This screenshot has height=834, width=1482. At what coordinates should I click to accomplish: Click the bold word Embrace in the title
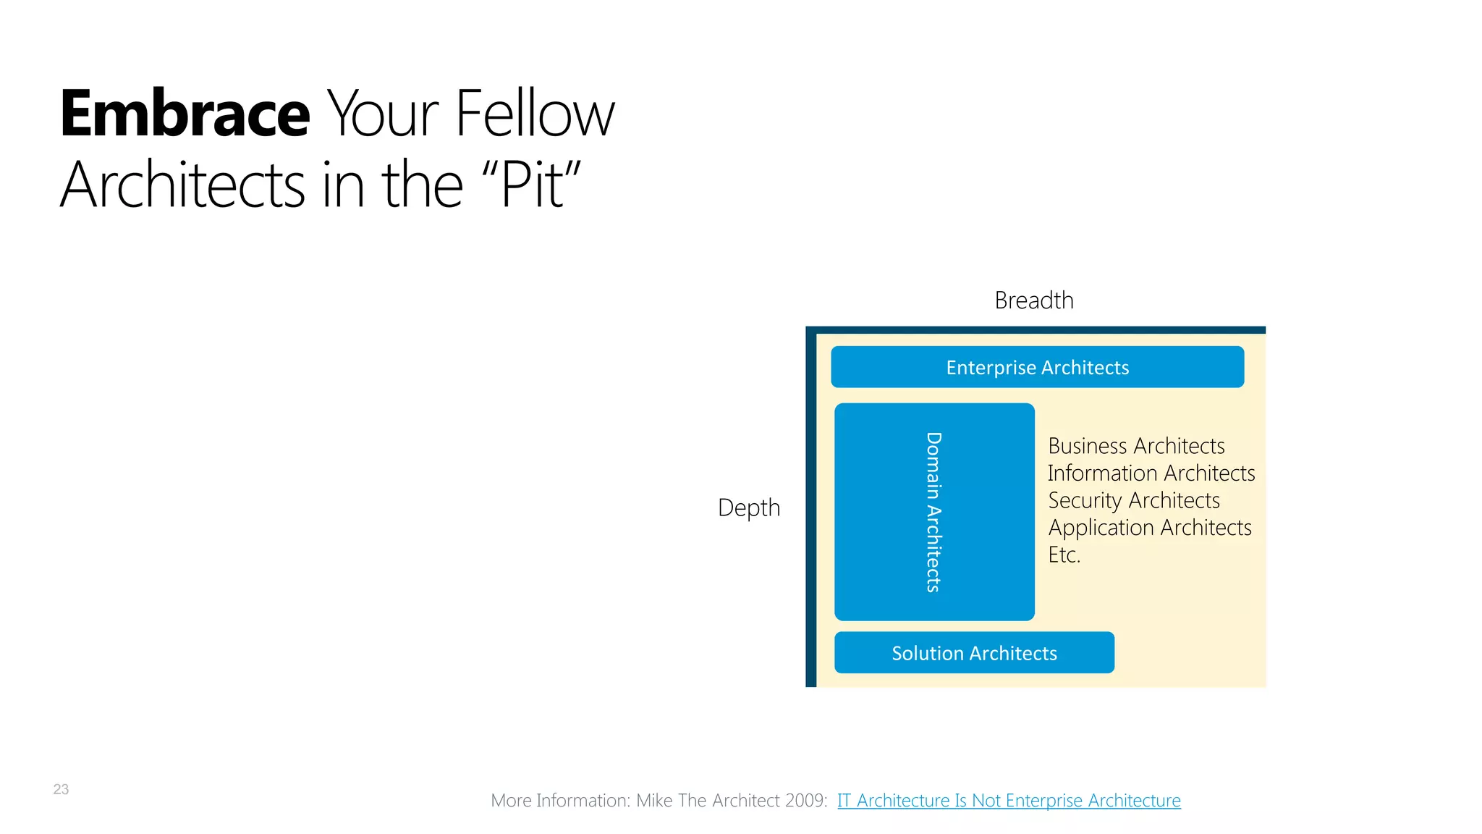coord(185,114)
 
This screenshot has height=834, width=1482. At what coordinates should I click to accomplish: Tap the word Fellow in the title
coord(535,114)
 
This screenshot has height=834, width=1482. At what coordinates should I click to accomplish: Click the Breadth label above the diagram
coord(1033,300)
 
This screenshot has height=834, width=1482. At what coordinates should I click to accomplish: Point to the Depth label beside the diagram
coord(748,507)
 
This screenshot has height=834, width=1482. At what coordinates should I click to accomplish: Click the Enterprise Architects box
coord(1037,368)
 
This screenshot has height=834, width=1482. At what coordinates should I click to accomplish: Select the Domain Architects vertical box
coord(933,512)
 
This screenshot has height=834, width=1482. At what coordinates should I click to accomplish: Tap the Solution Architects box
coord(974,653)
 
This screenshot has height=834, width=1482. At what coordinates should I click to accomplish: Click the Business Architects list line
coord(1136,446)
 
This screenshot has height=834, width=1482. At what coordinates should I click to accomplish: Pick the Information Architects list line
coord(1151,473)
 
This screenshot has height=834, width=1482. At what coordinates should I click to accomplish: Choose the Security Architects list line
coord(1134,500)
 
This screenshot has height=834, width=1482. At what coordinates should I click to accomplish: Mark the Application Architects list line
coord(1149,528)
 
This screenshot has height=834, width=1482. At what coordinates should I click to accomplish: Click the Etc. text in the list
coord(1064,555)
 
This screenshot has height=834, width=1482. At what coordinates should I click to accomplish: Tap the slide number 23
coord(61,789)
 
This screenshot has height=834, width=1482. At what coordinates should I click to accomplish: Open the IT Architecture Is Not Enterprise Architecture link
coord(1009,801)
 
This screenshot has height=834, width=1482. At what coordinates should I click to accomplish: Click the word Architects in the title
coord(182,185)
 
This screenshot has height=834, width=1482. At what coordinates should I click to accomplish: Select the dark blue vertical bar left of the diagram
coord(810,507)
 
